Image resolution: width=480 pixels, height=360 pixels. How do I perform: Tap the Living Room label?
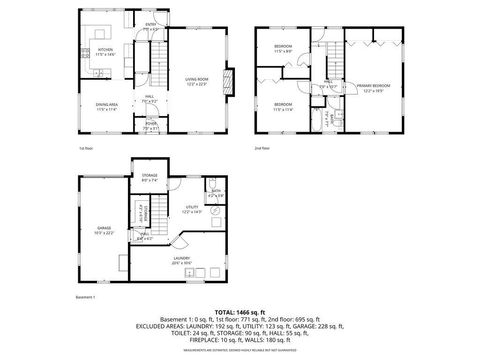pos(196,83)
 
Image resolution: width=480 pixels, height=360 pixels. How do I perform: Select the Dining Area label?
pos(106,106)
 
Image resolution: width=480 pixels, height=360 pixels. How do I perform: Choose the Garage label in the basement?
pos(104,229)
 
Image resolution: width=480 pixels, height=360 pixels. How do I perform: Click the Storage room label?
pos(150,177)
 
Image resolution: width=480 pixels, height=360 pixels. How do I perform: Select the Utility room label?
pos(192,209)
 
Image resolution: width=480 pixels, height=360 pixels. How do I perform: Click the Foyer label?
pos(150,126)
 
